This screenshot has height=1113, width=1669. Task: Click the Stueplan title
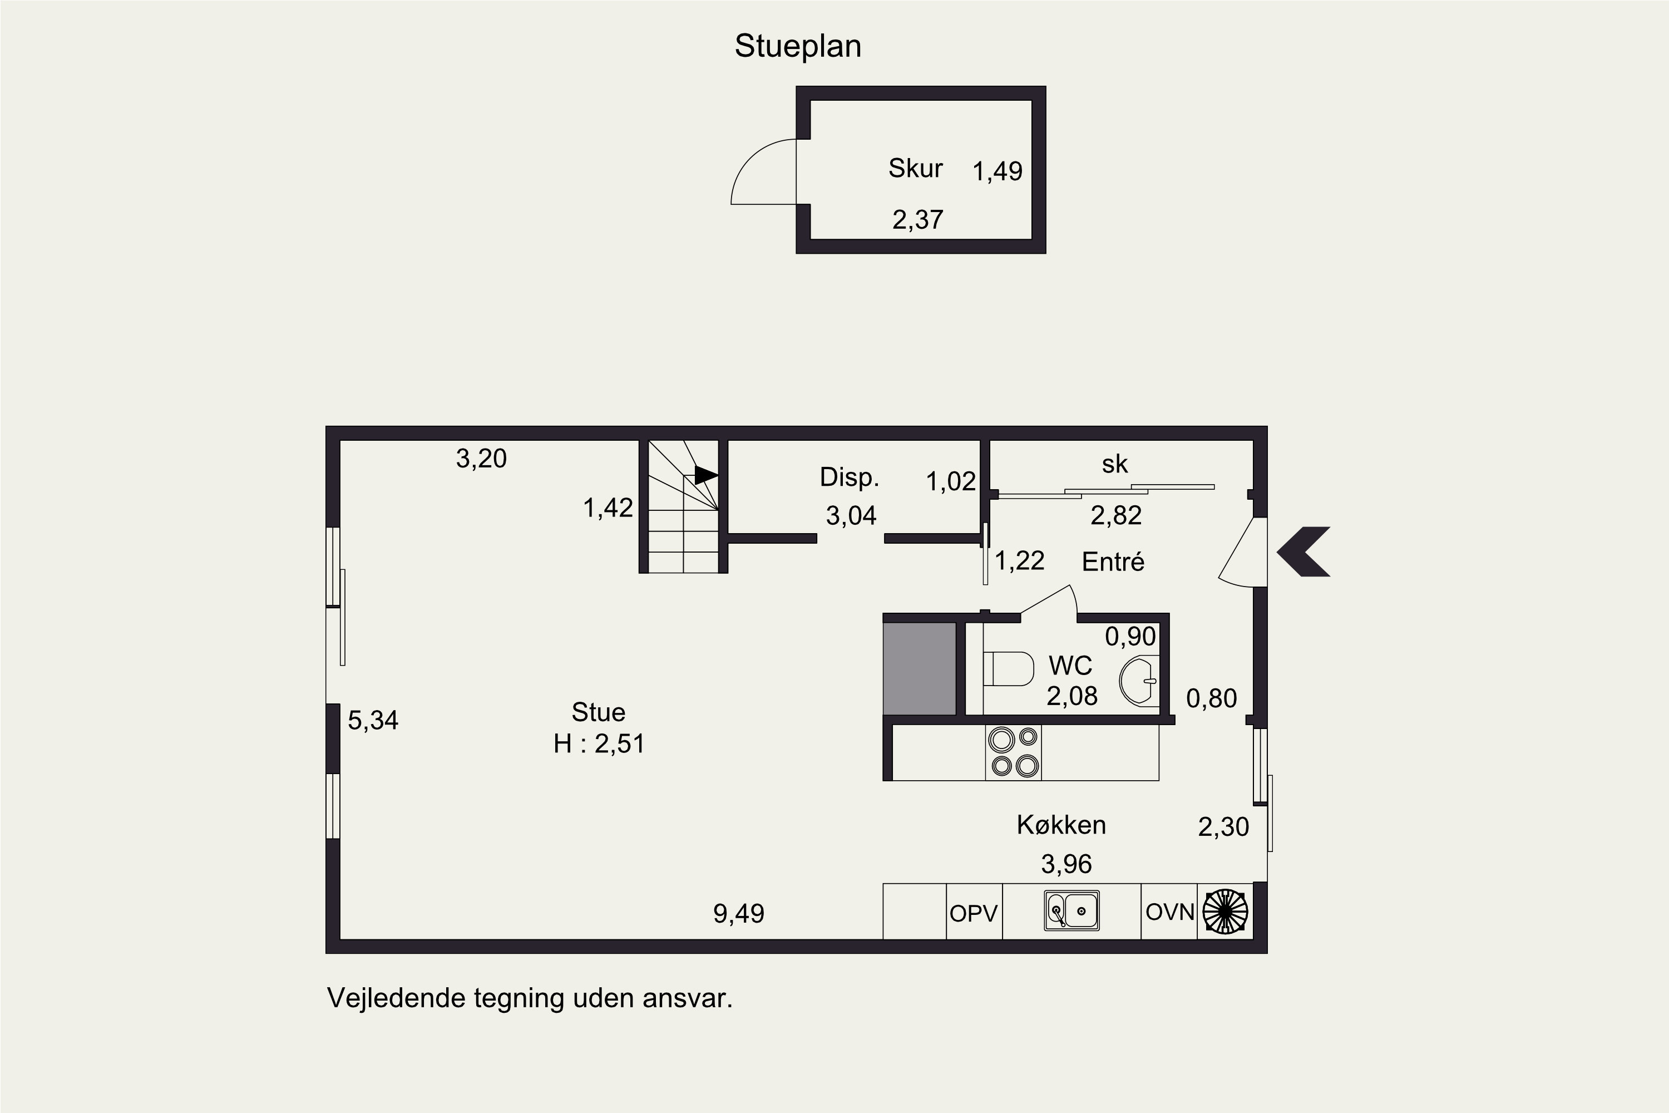coord(798,47)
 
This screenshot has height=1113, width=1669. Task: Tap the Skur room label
coord(915,168)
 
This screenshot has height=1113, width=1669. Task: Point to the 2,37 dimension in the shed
coord(917,220)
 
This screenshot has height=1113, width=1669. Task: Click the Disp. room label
coord(850,477)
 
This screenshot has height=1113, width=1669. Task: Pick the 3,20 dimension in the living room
coord(481,459)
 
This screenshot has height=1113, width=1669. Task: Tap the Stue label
coord(598,712)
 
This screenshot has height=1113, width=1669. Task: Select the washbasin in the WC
coord(1138,681)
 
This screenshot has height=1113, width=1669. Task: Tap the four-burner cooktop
coord(1013,752)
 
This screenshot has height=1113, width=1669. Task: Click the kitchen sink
coord(1071,910)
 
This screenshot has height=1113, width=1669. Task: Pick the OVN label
coord(1170,912)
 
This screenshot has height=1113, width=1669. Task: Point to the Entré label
coord(1113,562)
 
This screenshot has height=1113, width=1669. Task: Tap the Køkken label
coord(1061,825)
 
